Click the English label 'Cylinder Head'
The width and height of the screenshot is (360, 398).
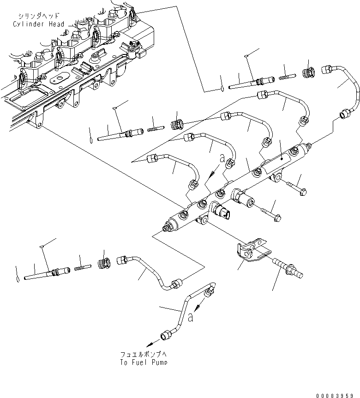pos(39,24)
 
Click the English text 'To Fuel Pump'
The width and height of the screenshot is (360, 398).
pos(144,362)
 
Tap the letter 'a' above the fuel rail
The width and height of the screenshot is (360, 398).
pos(222,158)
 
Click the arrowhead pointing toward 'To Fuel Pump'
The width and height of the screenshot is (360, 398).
pos(150,344)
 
